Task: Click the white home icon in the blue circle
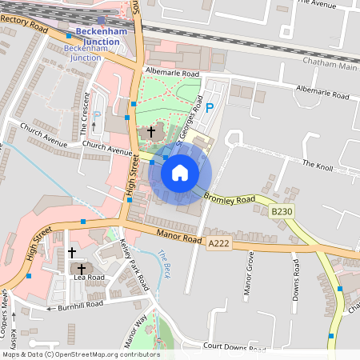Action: [180, 173]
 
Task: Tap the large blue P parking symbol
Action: [210, 108]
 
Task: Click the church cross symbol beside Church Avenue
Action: [150, 131]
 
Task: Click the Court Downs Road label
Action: [234, 346]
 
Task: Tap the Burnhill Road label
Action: [80, 305]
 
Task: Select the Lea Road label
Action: [89, 277]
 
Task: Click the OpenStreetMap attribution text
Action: [81, 354]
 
